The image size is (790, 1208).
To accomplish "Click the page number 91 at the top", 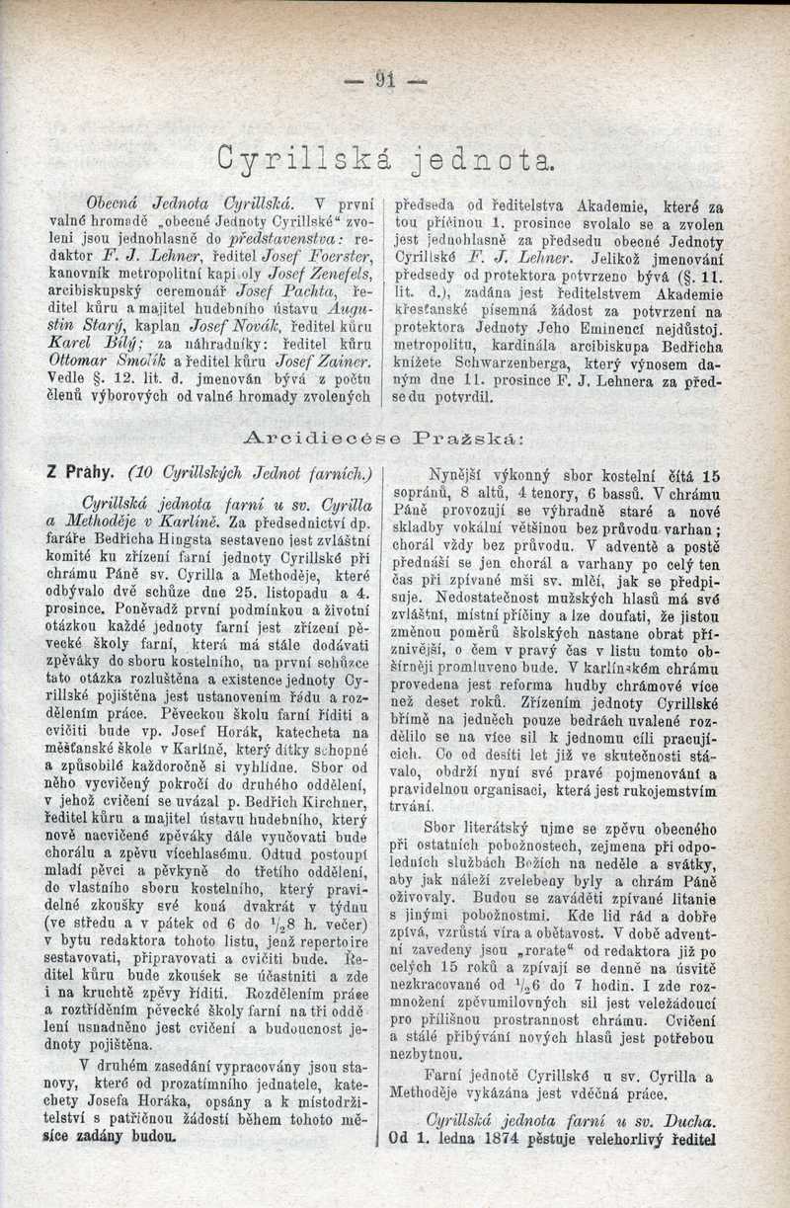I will click(x=386, y=79).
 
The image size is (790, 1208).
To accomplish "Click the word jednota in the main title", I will click(x=484, y=156).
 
